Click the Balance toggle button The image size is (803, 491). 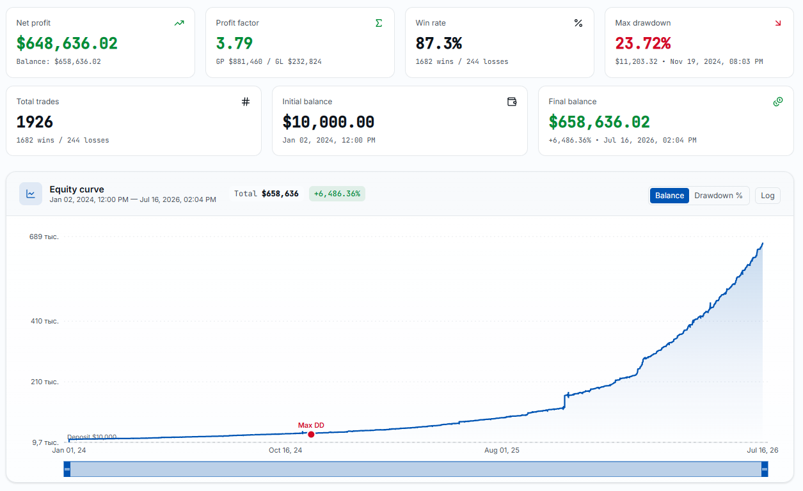(x=669, y=196)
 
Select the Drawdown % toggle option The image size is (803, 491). (x=718, y=196)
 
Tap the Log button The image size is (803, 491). (x=768, y=196)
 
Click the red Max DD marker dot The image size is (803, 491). (x=311, y=434)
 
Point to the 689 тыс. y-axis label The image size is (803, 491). (x=44, y=237)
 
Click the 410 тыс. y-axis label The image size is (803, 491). (x=44, y=321)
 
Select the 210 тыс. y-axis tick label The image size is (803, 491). (x=44, y=382)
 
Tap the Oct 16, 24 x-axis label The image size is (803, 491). (x=285, y=450)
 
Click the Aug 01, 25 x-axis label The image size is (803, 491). (x=502, y=450)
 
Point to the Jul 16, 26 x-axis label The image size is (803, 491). (x=763, y=450)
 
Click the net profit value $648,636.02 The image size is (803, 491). (x=67, y=43)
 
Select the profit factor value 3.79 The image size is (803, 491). (x=234, y=43)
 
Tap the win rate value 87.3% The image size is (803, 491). (x=439, y=43)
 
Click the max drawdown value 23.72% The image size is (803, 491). (x=643, y=43)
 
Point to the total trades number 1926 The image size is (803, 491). (x=35, y=122)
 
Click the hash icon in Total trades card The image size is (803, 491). (x=246, y=102)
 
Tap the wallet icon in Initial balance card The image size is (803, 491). (x=512, y=102)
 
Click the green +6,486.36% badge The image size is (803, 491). (x=337, y=194)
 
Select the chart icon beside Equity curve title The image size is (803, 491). (x=31, y=194)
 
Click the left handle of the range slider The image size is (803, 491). (x=67, y=469)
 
